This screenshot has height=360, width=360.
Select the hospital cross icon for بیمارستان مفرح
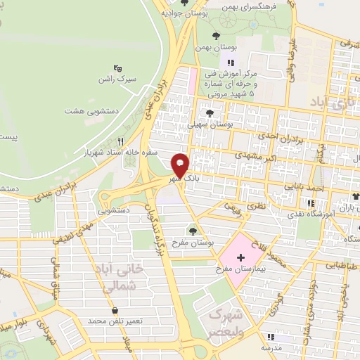241,257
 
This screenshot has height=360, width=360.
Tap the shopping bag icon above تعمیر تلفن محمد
115,310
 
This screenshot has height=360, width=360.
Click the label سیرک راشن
117,80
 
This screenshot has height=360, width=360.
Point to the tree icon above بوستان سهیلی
210,112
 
